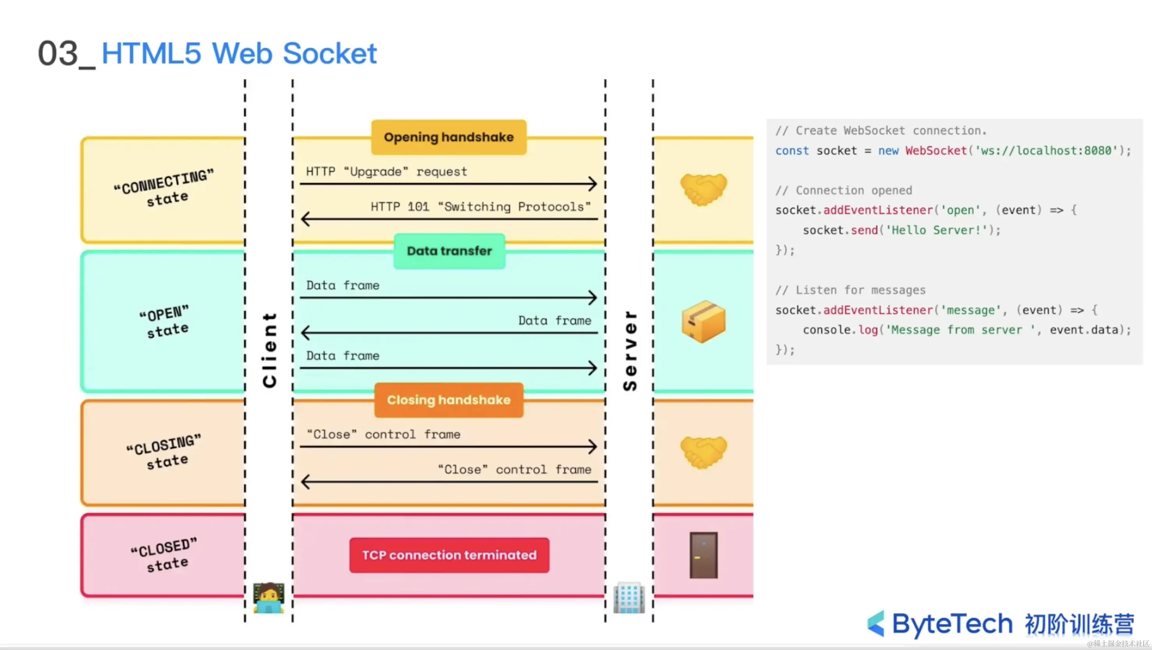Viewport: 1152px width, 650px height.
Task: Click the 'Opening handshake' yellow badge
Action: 449,137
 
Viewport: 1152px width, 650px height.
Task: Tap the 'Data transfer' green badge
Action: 449,251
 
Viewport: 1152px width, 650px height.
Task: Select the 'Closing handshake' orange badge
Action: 449,400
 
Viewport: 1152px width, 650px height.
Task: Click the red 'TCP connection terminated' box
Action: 449,555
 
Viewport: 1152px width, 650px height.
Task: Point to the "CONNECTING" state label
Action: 164,188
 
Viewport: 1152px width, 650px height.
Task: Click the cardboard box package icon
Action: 703,321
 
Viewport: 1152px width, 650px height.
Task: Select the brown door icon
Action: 703,555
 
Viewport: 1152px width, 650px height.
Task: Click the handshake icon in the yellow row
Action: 703,189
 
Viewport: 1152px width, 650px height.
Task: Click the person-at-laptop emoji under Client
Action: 268,598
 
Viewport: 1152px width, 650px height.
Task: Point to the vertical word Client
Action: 270,350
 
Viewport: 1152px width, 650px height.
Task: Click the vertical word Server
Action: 630,350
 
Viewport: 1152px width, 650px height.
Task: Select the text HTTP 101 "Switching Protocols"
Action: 480,207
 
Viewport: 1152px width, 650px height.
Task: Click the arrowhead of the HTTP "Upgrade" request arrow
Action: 593,183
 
